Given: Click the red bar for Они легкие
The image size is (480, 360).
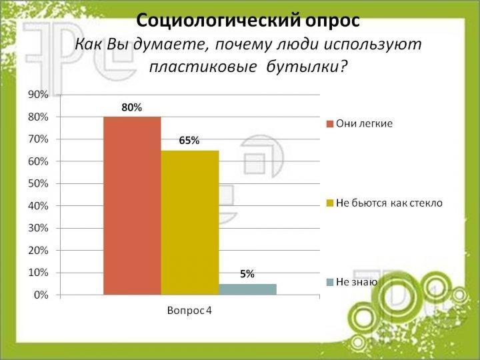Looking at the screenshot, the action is (132, 206).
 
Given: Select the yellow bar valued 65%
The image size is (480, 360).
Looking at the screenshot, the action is (190, 223).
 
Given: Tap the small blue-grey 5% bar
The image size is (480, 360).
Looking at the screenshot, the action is (247, 289).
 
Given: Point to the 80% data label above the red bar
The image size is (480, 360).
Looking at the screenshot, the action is (131, 107).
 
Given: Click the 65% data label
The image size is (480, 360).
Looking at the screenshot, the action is (189, 141).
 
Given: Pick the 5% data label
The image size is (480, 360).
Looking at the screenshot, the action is (247, 274).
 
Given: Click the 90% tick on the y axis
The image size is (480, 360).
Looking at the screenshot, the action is (38, 95).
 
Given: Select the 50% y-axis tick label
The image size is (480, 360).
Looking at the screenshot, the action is (38, 184).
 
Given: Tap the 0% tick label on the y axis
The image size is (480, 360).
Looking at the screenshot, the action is (41, 295).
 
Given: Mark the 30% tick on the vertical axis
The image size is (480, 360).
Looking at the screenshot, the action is (38, 229).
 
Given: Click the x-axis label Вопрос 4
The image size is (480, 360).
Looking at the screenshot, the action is (189, 311).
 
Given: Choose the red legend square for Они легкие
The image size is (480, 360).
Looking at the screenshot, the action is (330, 124).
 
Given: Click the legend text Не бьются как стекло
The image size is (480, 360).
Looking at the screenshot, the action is (389, 203).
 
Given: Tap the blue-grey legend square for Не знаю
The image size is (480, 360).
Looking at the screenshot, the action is (330, 283).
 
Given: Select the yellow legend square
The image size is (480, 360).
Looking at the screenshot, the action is (330, 203).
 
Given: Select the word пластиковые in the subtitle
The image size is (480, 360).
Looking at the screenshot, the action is (203, 67).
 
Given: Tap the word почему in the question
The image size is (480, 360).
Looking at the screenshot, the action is (243, 45).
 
